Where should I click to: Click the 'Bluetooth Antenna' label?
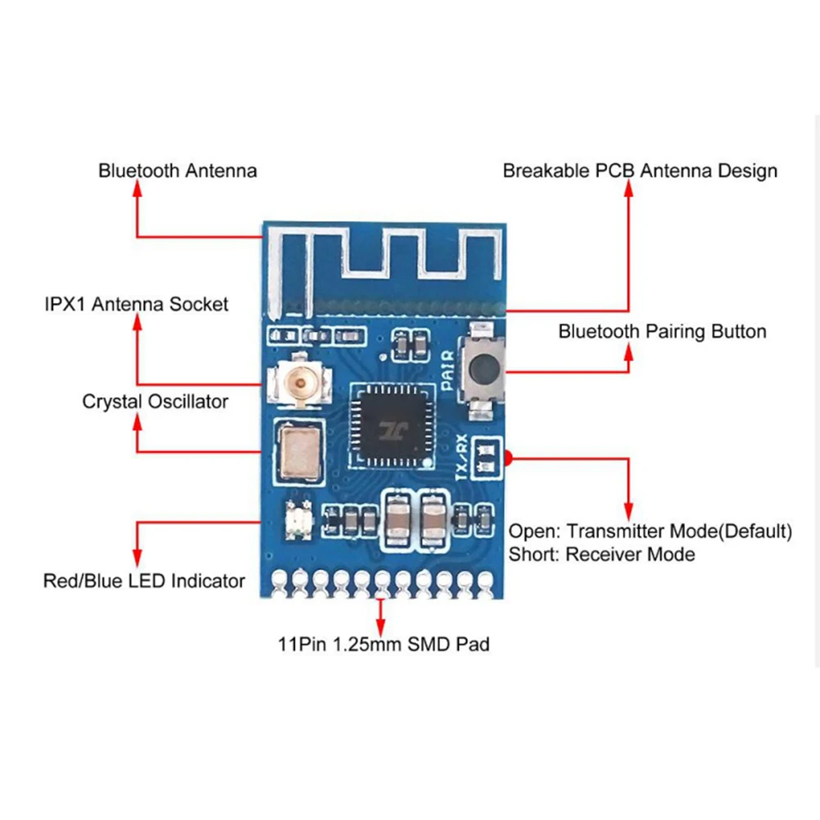(178, 171)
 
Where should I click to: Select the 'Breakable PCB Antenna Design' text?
(640, 171)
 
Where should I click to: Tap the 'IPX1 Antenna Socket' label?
(136, 305)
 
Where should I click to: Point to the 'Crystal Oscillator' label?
(155, 402)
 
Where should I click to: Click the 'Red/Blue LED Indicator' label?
(144, 582)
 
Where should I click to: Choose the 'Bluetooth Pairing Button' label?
(662, 332)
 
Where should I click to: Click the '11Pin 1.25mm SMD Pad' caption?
(383, 645)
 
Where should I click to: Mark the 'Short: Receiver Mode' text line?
(601, 555)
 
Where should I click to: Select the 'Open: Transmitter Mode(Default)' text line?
(650, 531)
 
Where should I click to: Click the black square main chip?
(391, 426)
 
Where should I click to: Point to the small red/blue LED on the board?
(295, 519)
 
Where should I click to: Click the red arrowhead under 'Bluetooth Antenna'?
(137, 188)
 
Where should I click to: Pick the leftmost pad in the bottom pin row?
(279, 580)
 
